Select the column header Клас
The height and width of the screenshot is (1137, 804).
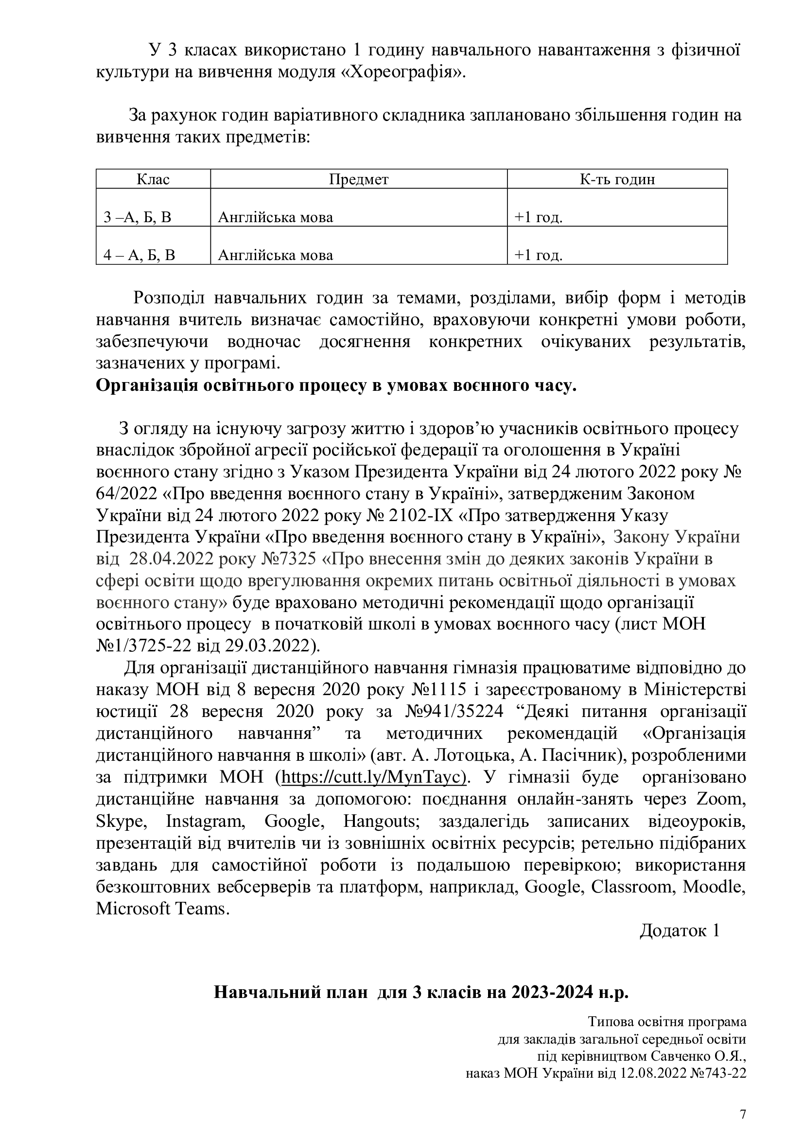tap(153, 179)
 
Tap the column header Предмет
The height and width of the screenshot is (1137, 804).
tap(358, 179)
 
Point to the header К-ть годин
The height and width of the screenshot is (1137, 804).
tap(617, 179)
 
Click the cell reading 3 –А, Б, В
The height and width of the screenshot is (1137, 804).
tap(138, 217)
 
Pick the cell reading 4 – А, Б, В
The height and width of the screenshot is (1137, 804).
tap(140, 255)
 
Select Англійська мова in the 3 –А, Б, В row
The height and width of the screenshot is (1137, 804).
tap(276, 217)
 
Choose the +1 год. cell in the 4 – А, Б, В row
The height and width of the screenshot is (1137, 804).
tap(538, 255)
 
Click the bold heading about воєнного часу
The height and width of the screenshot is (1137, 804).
tap(336, 386)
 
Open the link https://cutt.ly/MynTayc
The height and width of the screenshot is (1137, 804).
tap(374, 776)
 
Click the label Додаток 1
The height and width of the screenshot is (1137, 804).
tap(679, 930)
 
